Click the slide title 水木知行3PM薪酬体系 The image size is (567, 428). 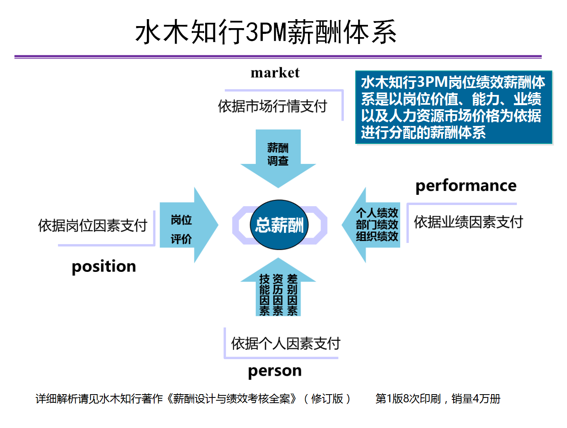point(266,32)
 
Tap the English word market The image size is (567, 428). point(275,73)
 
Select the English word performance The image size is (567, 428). point(466,186)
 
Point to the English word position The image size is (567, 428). point(104,267)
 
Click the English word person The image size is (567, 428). point(275,371)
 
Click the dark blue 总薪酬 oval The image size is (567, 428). point(279,225)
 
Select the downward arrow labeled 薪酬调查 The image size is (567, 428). point(278,158)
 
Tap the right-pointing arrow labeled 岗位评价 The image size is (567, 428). point(189,225)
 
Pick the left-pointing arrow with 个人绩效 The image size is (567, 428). point(371,225)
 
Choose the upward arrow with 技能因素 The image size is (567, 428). point(278,287)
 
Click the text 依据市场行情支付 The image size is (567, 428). point(272,106)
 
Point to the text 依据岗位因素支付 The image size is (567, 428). point(93,225)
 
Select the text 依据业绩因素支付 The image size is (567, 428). point(468,222)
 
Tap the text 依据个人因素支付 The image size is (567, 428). point(286,344)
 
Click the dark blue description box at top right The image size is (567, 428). point(454,107)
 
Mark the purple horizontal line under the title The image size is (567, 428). point(278,57)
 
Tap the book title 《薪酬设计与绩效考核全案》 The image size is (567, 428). point(232,399)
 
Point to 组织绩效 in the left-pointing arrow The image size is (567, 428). point(377,236)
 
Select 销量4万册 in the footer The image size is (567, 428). point(476,399)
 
